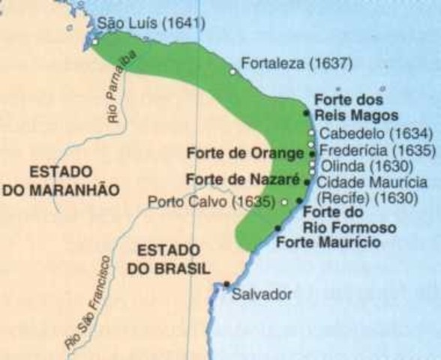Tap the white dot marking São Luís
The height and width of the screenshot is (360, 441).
(x=96, y=42)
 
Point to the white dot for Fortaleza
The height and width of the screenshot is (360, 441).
(x=233, y=71)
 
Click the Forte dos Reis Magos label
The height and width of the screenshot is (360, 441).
(x=349, y=106)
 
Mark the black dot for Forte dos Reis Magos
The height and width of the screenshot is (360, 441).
(x=307, y=112)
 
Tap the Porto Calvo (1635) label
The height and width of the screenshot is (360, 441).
(x=212, y=202)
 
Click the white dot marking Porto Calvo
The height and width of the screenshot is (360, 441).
(x=285, y=202)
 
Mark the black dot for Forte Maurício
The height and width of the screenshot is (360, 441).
(x=278, y=227)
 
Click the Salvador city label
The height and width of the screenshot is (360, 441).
(x=260, y=293)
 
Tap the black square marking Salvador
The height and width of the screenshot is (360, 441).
(x=226, y=284)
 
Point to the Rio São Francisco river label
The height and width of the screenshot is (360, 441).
(x=88, y=303)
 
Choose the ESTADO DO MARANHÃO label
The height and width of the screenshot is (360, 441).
(x=61, y=181)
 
